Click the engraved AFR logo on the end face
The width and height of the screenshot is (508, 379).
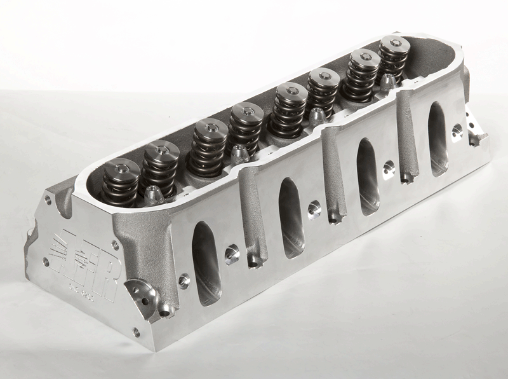pyautogui.click(x=83, y=265)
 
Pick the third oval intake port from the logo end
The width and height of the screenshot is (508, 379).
pyautogui.click(x=366, y=175)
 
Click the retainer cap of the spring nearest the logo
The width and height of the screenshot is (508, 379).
pyautogui.click(x=121, y=168)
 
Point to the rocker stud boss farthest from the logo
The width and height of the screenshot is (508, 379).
pyautogui.click(x=387, y=81)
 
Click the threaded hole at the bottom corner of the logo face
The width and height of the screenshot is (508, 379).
pyautogui.click(x=135, y=331)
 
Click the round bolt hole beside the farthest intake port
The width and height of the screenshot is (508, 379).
pyautogui.click(x=456, y=132)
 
